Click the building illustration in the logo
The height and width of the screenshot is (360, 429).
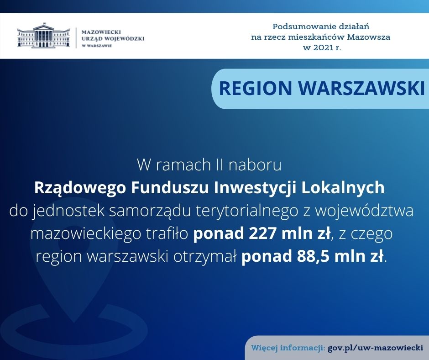point(44,36)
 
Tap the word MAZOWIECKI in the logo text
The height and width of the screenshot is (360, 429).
point(101,32)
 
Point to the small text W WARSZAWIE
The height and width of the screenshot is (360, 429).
point(97,46)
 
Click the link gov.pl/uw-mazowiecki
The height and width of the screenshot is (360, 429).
point(375,348)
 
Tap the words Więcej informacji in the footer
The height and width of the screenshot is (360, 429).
point(288,348)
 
